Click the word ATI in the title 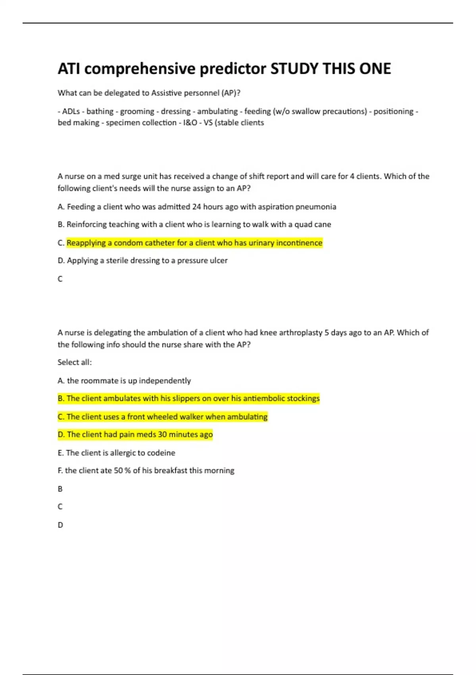coord(69,69)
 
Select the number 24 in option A coord(197,207)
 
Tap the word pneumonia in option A coord(317,207)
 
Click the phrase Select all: coord(75,363)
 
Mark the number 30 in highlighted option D coord(162,435)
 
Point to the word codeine coord(161,453)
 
